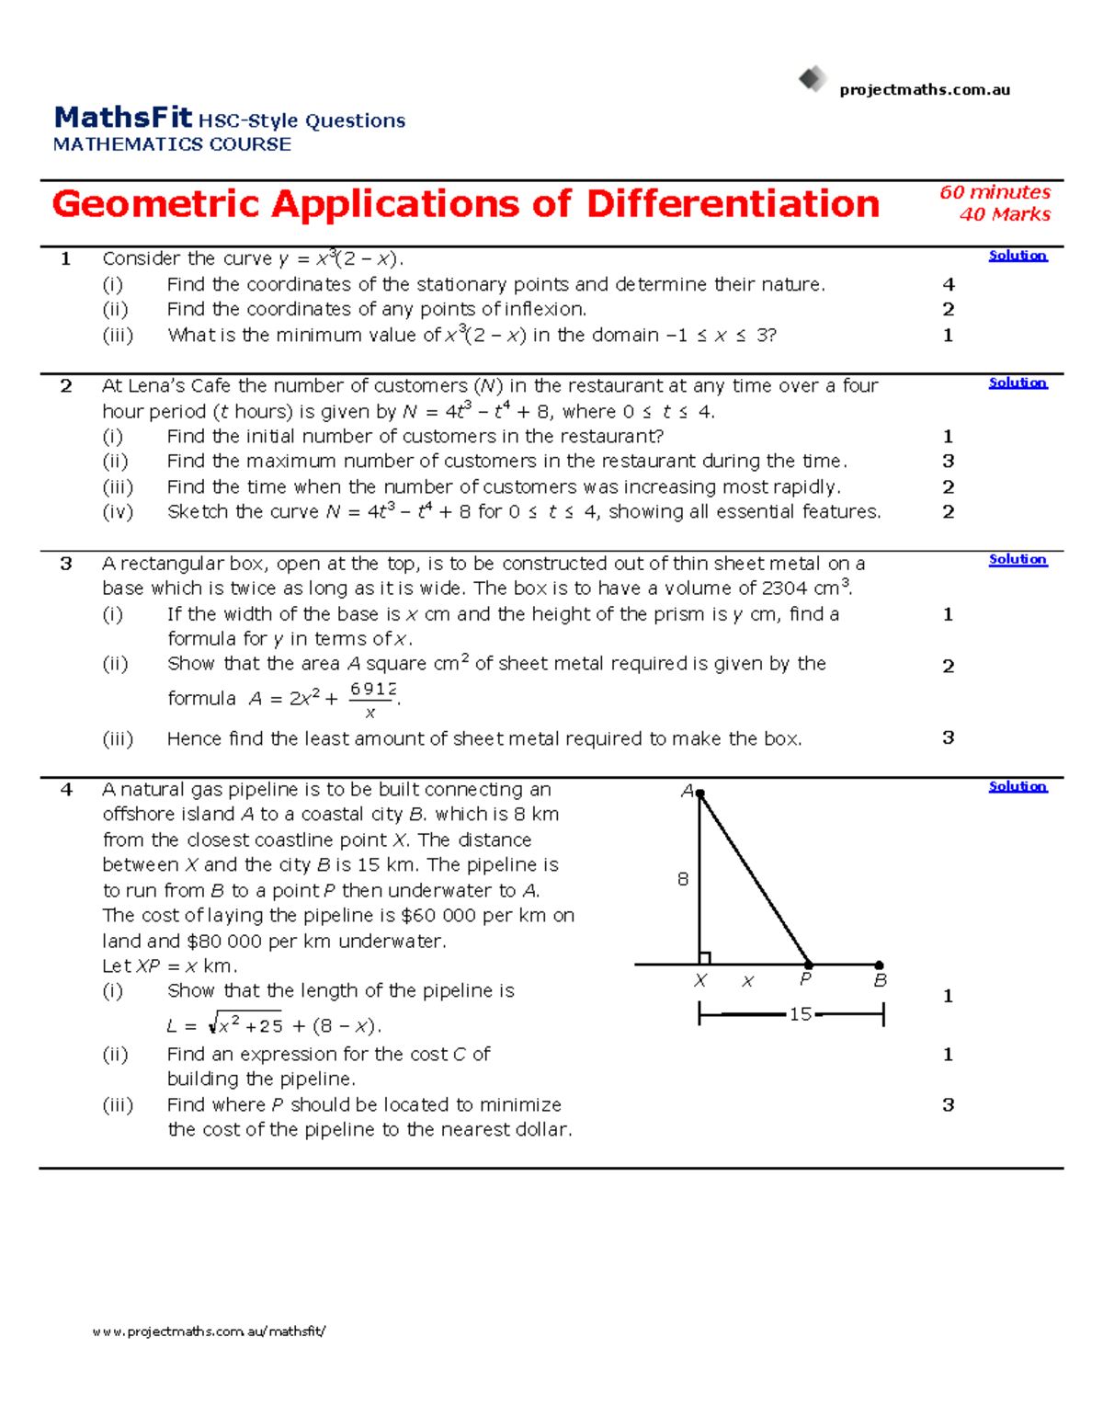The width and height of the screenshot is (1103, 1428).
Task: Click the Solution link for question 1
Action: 1018,256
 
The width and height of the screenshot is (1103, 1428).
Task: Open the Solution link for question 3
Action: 1018,559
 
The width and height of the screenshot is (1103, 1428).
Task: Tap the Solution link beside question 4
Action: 1018,786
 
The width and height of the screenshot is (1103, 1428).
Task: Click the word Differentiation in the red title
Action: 733,204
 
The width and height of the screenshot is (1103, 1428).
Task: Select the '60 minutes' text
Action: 995,192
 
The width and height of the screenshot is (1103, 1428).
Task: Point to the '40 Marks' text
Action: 1005,214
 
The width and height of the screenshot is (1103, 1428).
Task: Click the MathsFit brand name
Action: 123,118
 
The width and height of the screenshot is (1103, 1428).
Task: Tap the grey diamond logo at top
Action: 813,79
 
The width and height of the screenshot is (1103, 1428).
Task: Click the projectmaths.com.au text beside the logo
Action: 925,89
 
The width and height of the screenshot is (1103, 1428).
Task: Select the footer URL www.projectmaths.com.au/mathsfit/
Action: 209,1331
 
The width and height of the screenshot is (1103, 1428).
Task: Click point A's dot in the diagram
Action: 699,793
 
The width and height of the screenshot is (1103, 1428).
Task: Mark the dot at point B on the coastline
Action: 880,965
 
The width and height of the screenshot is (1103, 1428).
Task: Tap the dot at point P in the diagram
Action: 809,965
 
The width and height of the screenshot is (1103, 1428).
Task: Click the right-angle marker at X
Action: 705,958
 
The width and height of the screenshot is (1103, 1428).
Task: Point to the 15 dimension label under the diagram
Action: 801,1014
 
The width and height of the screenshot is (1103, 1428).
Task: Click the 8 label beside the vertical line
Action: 683,879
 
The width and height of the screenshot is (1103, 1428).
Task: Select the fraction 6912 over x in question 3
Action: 372,700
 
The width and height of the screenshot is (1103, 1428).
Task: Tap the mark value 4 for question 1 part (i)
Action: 949,285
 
